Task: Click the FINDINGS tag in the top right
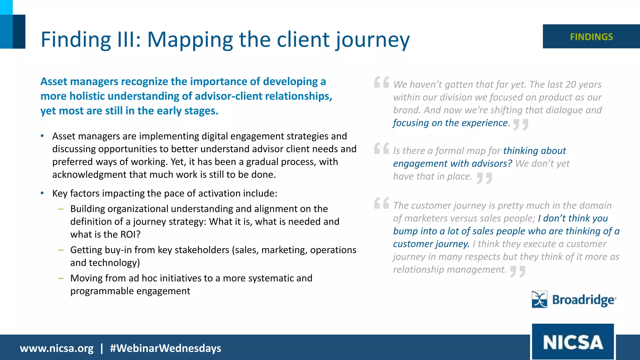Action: pos(591,37)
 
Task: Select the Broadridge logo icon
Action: pos(539,299)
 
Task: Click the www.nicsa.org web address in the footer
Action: pos(57,348)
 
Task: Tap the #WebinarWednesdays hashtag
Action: pos(165,348)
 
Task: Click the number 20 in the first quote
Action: pos(571,84)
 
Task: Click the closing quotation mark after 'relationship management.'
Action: pos(517,271)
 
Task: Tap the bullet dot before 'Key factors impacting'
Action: pos(42,193)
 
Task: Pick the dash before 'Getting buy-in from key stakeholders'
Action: pos(61,250)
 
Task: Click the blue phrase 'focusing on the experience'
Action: pos(450,123)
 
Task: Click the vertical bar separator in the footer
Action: pos(102,348)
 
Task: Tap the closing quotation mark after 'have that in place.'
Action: pos(484,178)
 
